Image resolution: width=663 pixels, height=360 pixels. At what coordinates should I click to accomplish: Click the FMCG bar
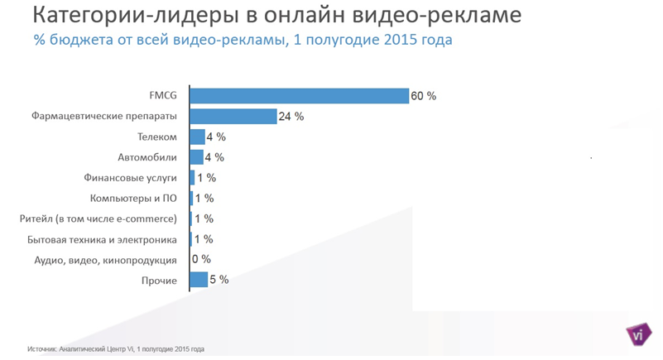[x=300, y=96]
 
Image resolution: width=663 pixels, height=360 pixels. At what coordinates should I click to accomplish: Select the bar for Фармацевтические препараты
[x=233, y=117]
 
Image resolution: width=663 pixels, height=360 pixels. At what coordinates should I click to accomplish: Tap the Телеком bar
[x=198, y=137]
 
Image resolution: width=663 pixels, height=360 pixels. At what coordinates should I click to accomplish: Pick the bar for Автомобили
[x=197, y=157]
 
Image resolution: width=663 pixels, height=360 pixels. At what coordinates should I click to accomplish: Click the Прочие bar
[x=199, y=280]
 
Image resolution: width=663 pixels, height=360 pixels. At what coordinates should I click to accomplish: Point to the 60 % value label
[x=424, y=96]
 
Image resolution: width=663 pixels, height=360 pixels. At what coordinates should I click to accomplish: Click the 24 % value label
[x=291, y=117]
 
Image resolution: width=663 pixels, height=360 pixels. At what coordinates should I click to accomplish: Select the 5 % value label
[x=219, y=280]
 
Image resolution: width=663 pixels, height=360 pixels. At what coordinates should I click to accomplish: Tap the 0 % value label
[x=201, y=259]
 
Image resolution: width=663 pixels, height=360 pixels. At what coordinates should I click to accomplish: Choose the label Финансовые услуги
[x=131, y=178]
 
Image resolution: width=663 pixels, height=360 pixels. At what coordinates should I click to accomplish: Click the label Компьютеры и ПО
[x=133, y=199]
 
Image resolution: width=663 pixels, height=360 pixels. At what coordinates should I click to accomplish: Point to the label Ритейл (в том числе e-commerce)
[x=98, y=219]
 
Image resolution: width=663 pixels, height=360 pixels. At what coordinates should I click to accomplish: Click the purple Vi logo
[x=638, y=334]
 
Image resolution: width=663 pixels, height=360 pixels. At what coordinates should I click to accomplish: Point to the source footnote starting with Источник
[x=115, y=348]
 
